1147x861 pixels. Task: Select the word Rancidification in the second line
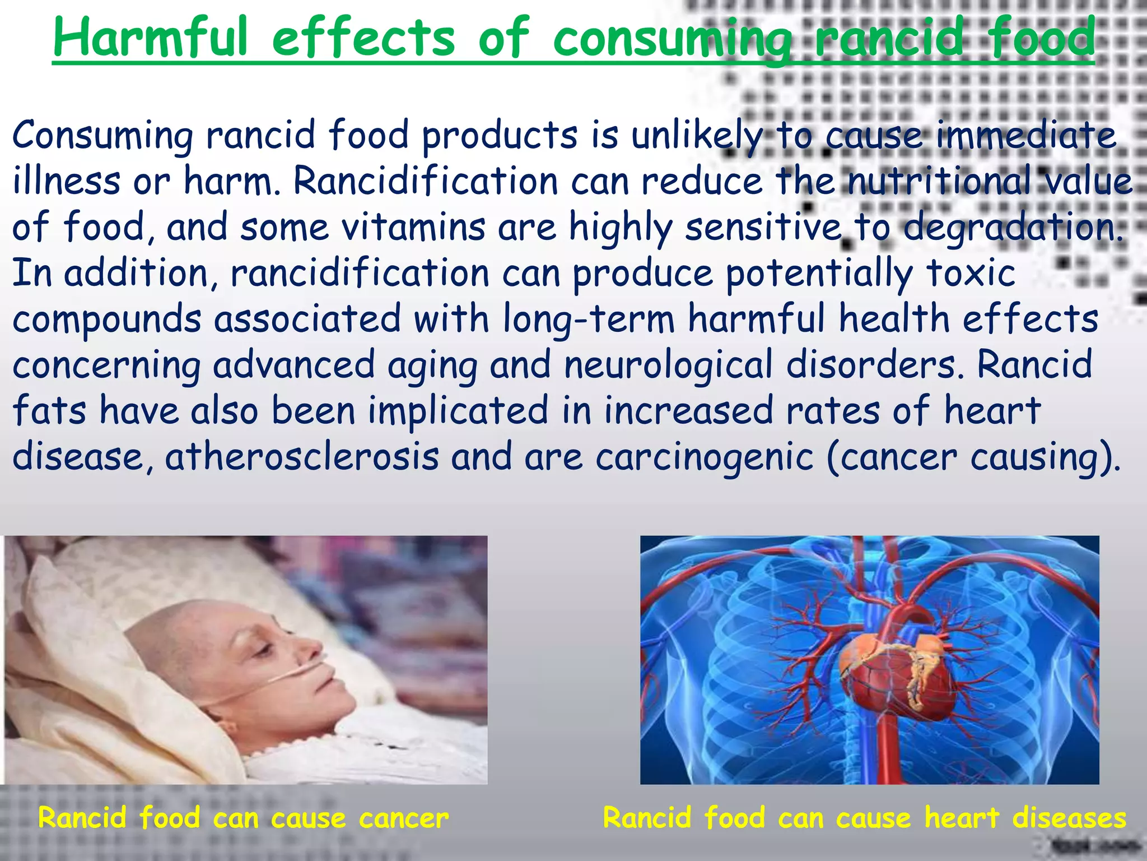[x=426, y=182]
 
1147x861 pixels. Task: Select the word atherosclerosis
[x=302, y=457]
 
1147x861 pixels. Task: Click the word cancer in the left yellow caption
[x=403, y=818]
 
